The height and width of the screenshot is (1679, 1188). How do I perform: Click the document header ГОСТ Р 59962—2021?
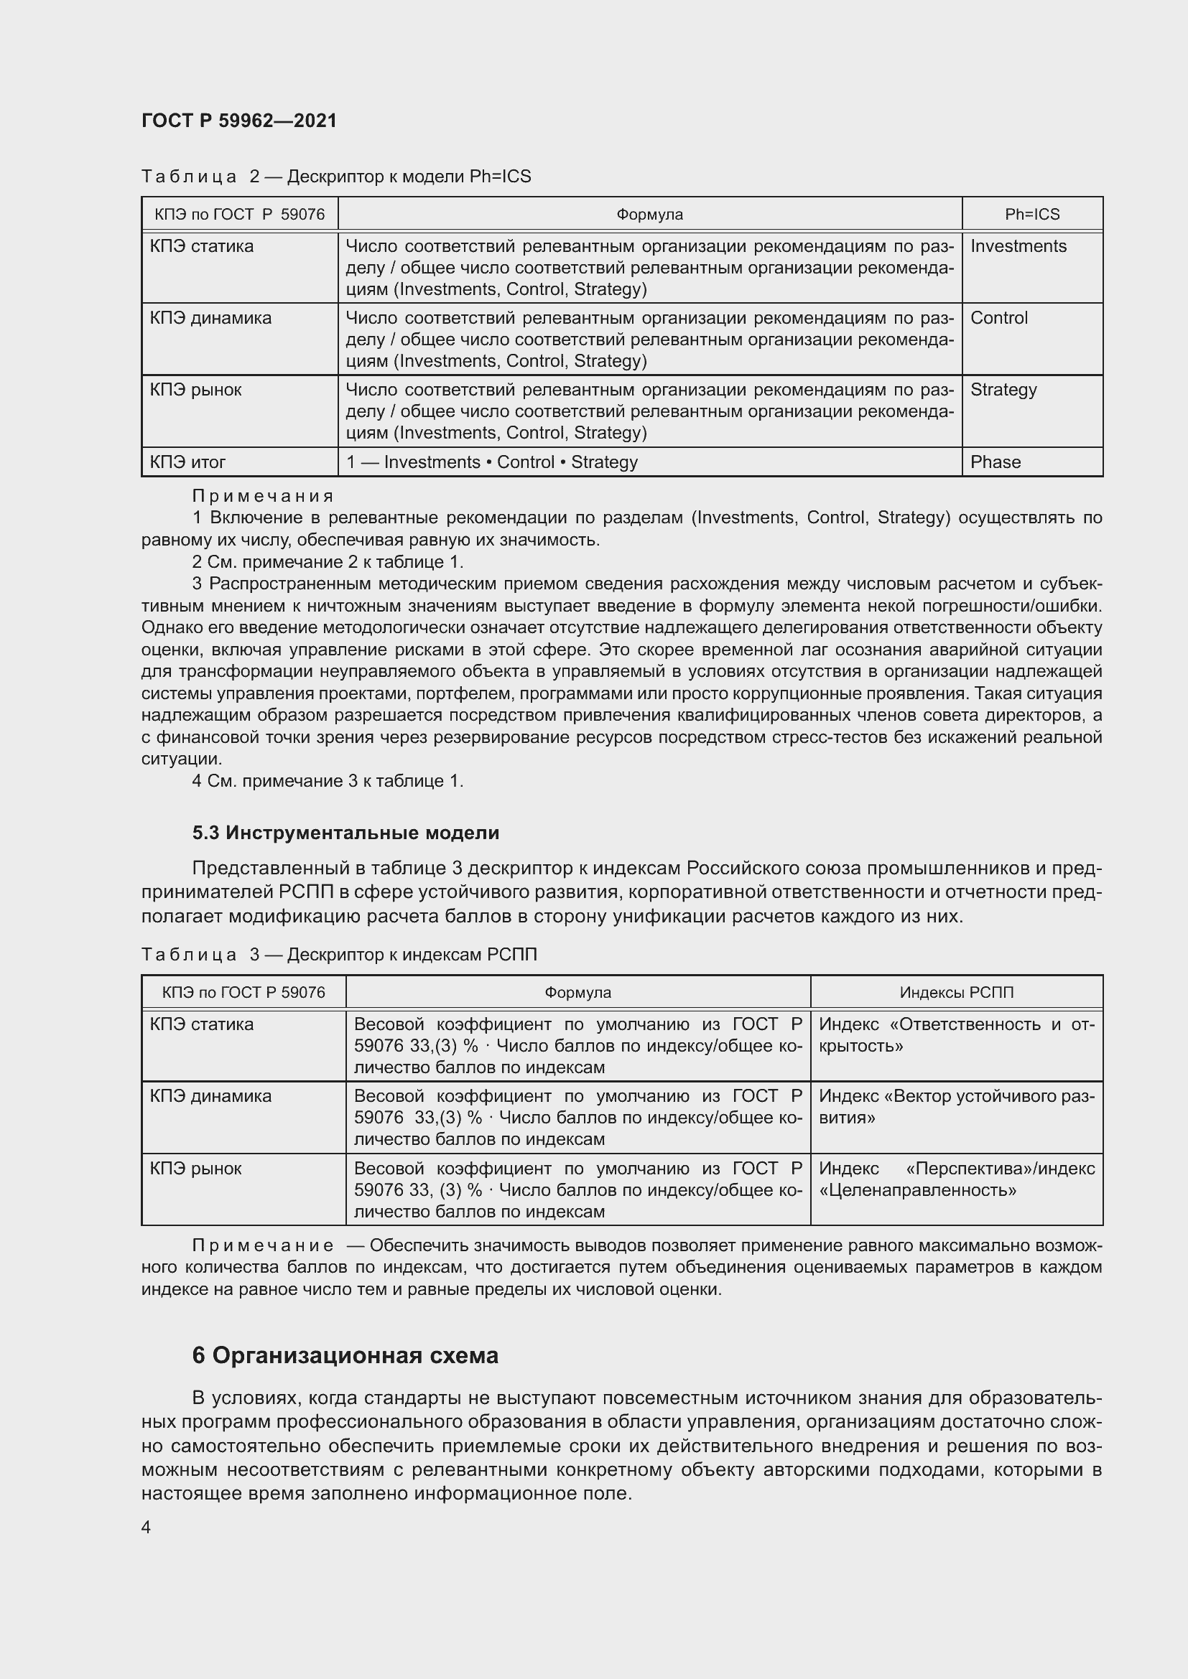(x=239, y=121)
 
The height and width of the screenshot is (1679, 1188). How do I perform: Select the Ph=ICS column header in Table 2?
(x=1031, y=214)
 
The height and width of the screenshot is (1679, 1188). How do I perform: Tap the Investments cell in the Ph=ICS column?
(x=1018, y=246)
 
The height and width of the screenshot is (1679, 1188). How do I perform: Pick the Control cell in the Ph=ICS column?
(x=998, y=318)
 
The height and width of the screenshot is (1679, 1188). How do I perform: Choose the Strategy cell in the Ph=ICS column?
(x=1003, y=390)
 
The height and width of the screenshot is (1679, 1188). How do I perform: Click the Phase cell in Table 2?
(x=995, y=462)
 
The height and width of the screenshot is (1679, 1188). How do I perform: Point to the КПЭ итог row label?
(x=187, y=462)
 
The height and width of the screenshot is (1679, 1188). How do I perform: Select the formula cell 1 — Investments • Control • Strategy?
(x=491, y=462)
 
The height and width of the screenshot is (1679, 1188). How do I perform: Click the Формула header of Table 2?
(x=649, y=214)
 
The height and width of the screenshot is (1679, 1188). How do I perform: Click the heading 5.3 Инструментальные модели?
(x=345, y=833)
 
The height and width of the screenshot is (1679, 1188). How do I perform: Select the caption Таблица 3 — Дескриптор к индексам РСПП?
(x=339, y=954)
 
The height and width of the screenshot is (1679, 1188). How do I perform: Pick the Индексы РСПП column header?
(x=956, y=992)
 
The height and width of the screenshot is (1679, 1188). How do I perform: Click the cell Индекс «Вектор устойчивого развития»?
(x=955, y=1106)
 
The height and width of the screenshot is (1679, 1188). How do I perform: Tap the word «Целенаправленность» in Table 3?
(x=917, y=1189)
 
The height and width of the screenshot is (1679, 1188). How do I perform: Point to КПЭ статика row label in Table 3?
(x=201, y=1024)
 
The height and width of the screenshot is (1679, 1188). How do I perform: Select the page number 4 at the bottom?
(x=147, y=1527)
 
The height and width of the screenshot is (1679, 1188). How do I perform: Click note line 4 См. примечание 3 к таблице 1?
(x=327, y=781)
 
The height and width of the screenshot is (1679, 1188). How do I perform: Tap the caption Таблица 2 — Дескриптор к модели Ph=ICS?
(x=335, y=177)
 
